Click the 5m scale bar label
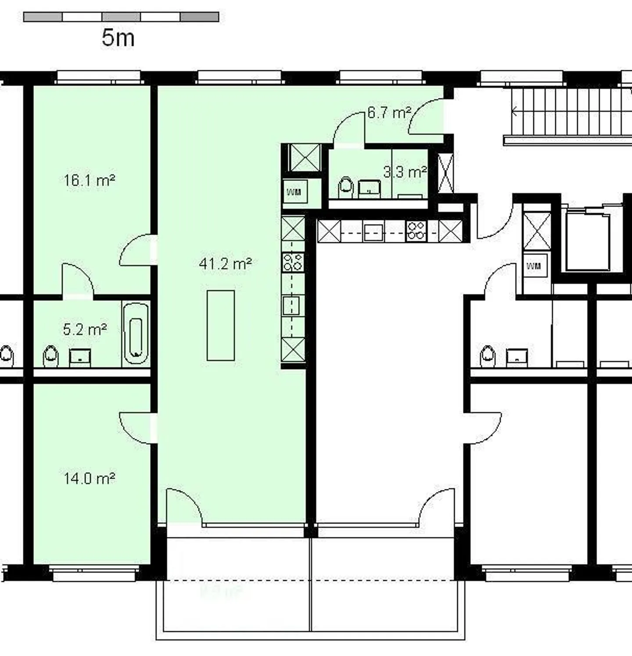(x=118, y=38)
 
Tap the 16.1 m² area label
(x=90, y=180)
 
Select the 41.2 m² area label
(x=225, y=264)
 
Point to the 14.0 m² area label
(x=90, y=478)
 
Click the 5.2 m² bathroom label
(x=85, y=329)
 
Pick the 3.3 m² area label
(x=405, y=172)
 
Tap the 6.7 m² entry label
(x=389, y=113)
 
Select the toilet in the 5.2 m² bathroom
(x=51, y=356)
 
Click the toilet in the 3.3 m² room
(x=346, y=187)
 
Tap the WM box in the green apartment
(x=294, y=192)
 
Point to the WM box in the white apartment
(x=534, y=266)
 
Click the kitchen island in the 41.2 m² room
(x=221, y=326)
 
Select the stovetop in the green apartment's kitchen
(x=293, y=262)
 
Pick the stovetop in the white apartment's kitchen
(x=416, y=231)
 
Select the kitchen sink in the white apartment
(x=373, y=231)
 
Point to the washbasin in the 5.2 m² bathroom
(x=80, y=357)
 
